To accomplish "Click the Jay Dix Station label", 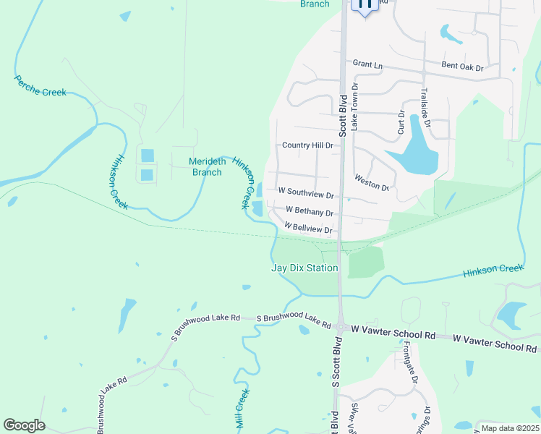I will tap(304, 268).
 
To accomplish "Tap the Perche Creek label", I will tap(40, 85).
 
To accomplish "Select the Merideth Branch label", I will tap(207, 166).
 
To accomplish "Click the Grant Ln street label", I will tap(367, 64).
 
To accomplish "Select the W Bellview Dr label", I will tap(308, 228).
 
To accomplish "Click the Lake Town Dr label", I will tap(355, 106).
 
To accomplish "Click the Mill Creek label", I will tap(242, 409).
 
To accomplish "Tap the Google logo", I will tap(24, 425).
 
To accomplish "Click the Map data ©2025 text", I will tap(509, 428).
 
